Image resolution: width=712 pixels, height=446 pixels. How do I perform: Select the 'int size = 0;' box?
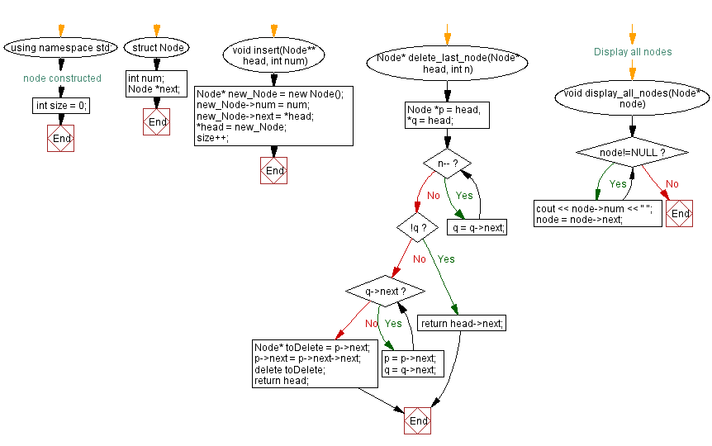tap(61, 106)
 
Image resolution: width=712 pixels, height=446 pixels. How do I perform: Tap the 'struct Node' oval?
tap(157, 48)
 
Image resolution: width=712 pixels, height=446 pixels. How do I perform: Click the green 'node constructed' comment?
tap(62, 78)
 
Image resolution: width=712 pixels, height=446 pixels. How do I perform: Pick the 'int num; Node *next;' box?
tap(157, 83)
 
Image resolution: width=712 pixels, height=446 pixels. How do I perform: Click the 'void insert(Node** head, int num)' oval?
tap(274, 55)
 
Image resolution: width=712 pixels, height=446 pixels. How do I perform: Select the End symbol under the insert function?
tap(273, 170)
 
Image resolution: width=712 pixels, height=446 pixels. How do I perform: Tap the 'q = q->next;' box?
tap(477, 227)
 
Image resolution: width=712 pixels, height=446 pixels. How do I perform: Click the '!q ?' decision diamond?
tap(417, 227)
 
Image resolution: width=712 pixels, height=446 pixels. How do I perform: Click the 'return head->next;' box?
tap(461, 323)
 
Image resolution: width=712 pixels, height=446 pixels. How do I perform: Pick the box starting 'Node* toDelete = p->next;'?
tap(314, 363)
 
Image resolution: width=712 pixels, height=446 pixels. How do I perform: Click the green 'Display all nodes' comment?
tap(633, 51)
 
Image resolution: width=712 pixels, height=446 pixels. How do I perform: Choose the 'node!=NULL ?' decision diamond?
tap(633, 153)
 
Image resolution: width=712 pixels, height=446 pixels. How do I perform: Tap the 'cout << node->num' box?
tap(597, 214)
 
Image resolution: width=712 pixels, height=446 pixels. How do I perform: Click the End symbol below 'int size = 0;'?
tap(61, 139)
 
